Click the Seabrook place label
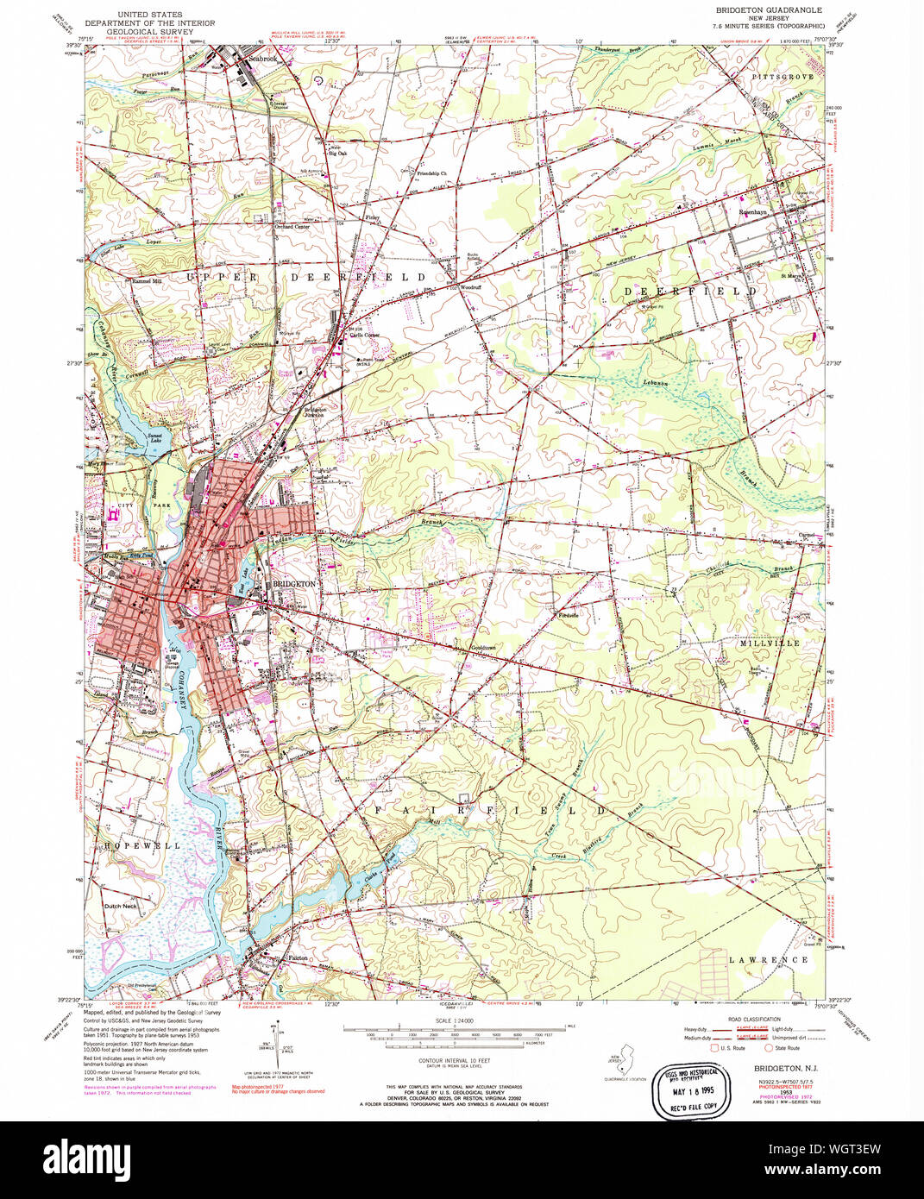pos(263,60)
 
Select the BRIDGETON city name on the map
pos(294,584)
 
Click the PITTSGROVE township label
pos(783,78)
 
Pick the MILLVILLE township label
pos(769,643)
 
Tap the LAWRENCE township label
pos(768,959)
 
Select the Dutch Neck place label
pos(120,907)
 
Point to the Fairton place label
pos(297,958)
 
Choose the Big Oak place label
pos(337,154)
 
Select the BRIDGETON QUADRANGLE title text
pos(768,9)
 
